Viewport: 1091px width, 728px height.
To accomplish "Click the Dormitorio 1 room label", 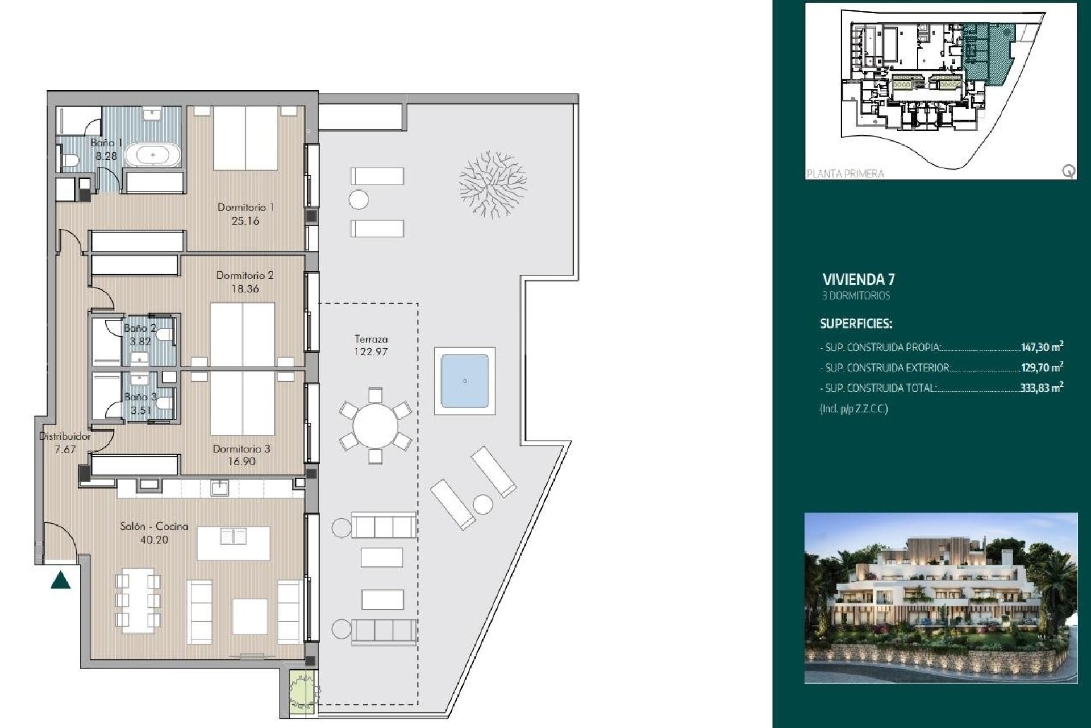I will tap(245, 208).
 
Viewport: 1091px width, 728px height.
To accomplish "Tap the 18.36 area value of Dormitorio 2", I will tap(245, 289).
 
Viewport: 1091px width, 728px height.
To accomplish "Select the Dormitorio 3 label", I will tap(241, 449).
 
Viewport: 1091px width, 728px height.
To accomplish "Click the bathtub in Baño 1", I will tap(153, 155).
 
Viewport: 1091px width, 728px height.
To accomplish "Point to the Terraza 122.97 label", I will tap(370, 345).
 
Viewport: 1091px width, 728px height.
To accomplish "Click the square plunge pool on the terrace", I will tap(464, 381).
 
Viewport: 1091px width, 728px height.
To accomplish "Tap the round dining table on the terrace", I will tap(375, 426).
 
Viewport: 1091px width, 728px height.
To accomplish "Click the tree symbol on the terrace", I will tap(492, 184).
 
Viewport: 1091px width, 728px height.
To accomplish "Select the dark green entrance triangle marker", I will tap(61, 581).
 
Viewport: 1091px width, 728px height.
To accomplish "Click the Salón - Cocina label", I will tap(154, 527).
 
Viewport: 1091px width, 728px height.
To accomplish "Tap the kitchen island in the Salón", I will tap(234, 543).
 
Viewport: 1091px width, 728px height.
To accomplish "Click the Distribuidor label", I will tap(65, 436).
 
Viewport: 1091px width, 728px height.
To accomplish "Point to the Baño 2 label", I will tap(140, 328).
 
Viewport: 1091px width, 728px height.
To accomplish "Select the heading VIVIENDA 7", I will tap(859, 279).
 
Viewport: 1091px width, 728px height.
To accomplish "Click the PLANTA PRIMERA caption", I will tap(845, 173).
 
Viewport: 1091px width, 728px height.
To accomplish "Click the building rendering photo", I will tap(940, 598).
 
